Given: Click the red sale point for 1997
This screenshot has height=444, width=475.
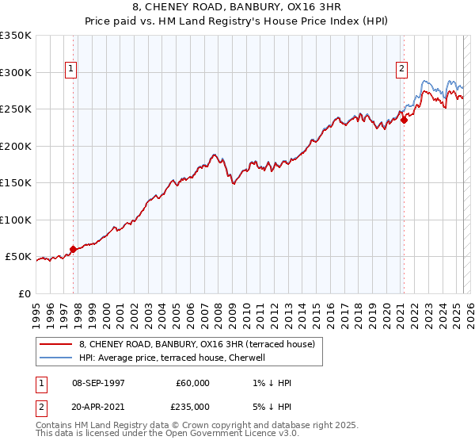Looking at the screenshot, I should (x=74, y=249).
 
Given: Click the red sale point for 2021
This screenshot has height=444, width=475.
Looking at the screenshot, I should (x=404, y=120).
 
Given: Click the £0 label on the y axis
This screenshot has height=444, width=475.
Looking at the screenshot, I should (x=25, y=293).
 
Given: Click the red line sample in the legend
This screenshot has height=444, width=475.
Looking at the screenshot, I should (x=56, y=344).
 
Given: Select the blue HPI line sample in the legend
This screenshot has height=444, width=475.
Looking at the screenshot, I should (x=56, y=358).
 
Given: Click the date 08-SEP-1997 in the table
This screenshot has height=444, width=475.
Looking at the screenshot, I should (x=97, y=383).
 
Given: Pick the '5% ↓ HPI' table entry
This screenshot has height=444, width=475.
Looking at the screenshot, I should (x=269, y=407).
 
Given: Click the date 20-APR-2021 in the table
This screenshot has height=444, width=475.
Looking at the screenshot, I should (x=97, y=407).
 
